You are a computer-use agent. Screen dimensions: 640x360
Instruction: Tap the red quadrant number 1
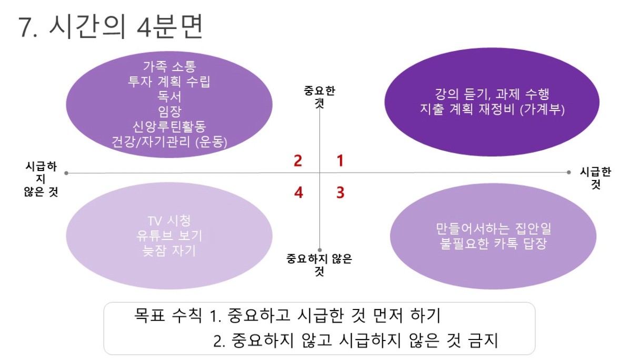click(340, 161)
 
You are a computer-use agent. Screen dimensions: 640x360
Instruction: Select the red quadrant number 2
click(298, 161)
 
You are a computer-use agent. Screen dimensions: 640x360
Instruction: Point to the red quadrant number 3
click(341, 192)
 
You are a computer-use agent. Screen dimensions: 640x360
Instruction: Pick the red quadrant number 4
click(298, 192)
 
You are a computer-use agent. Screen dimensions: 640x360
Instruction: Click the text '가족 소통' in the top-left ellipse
click(169, 66)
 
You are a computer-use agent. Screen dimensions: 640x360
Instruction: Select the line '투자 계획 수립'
click(169, 82)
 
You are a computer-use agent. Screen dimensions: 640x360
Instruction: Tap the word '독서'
click(169, 96)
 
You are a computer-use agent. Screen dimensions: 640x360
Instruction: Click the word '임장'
click(169, 112)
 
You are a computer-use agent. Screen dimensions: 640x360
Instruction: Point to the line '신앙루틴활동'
click(169, 126)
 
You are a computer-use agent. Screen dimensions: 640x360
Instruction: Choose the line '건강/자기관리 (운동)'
click(169, 142)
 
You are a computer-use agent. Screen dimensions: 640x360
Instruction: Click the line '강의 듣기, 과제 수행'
click(492, 94)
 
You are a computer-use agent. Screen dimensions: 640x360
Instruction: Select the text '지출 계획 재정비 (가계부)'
click(492, 109)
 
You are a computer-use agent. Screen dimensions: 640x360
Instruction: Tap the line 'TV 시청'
click(169, 221)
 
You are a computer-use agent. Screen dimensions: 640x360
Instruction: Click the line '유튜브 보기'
click(169, 236)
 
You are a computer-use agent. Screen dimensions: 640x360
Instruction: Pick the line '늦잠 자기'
click(169, 251)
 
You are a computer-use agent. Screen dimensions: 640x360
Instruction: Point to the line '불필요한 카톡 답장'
click(493, 244)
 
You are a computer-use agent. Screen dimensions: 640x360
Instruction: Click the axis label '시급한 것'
click(595, 178)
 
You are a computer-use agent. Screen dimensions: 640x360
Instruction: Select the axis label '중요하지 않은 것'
click(319, 265)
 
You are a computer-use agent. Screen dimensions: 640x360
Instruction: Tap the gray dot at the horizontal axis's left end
click(66, 173)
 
